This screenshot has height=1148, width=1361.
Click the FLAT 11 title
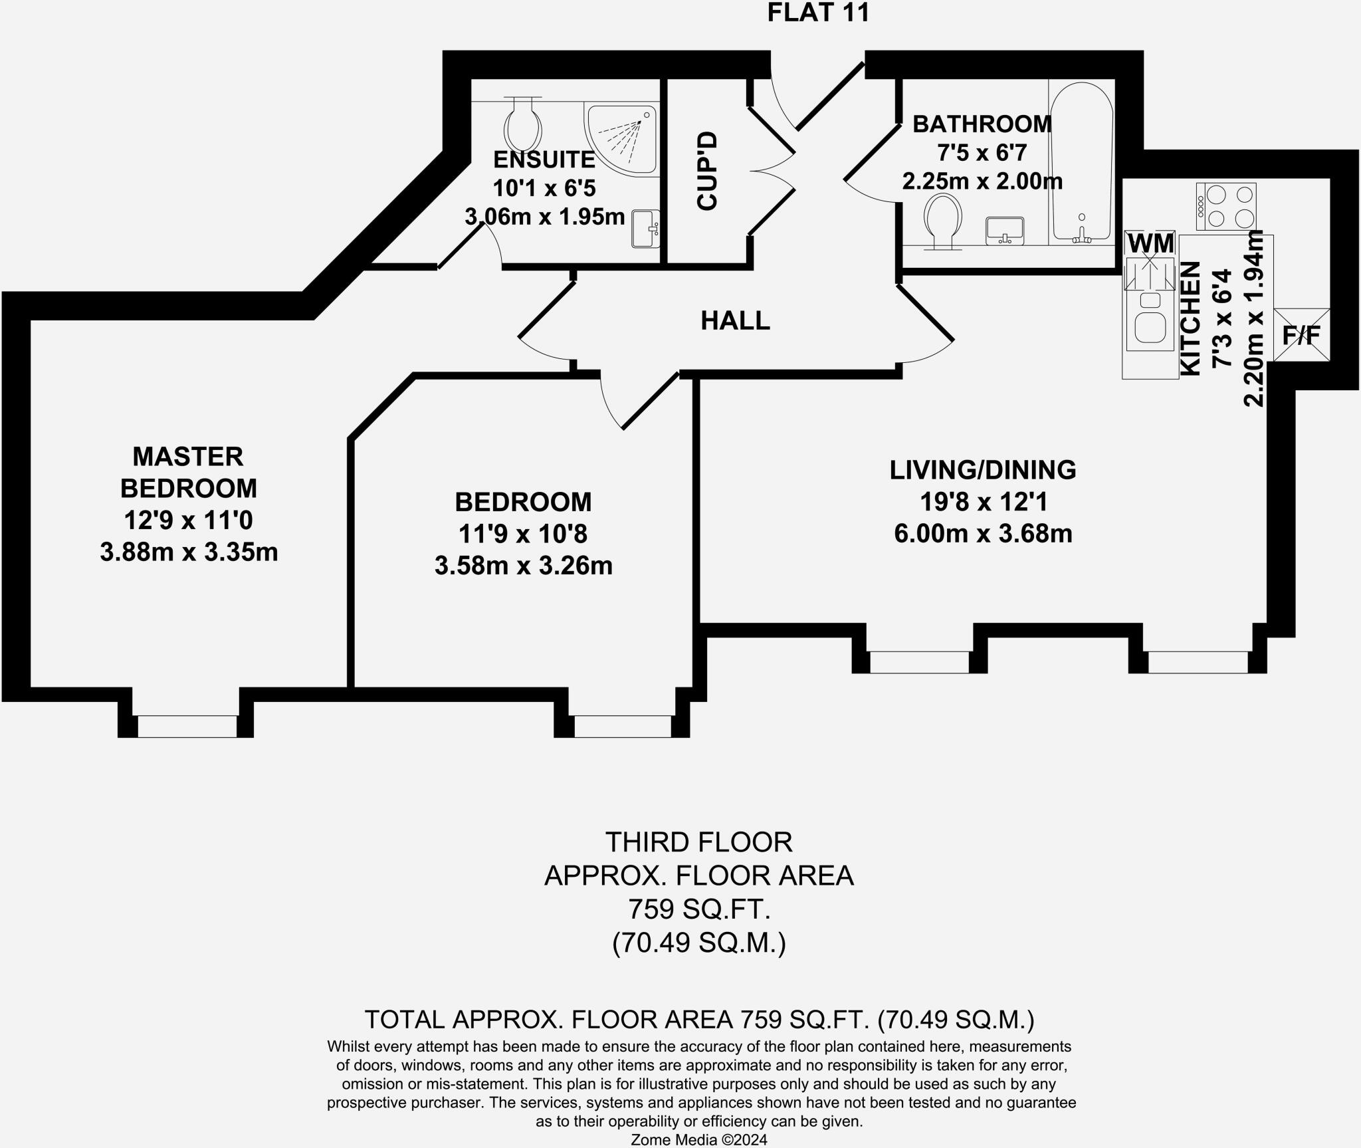(x=818, y=13)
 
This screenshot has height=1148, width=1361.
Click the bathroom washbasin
(x=1005, y=230)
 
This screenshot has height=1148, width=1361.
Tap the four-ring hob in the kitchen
(x=1226, y=207)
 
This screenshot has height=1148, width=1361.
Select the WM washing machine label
(x=1151, y=243)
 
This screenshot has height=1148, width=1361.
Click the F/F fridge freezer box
(x=1301, y=335)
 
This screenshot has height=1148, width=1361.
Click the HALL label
(x=735, y=321)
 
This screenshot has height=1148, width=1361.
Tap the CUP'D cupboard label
(x=707, y=172)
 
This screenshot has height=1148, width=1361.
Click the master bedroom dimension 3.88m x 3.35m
(x=189, y=552)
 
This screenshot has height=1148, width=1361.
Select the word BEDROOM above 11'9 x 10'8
(x=523, y=503)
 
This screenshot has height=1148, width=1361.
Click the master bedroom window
(x=187, y=725)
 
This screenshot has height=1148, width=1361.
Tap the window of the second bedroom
(x=623, y=726)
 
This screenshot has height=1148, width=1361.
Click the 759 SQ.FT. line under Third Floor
(x=698, y=909)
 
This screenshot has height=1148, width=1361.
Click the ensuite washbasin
(x=645, y=229)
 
